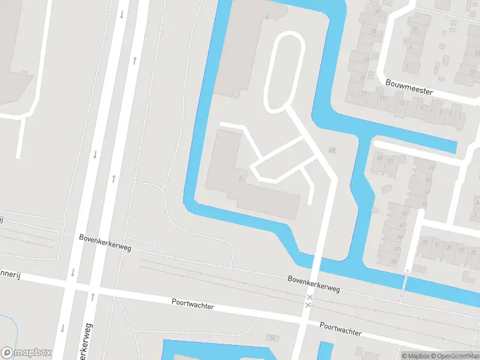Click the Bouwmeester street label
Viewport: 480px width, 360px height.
(x=409, y=87)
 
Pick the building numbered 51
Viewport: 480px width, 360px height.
(x=431, y=166)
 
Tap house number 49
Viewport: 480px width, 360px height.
(x=428, y=179)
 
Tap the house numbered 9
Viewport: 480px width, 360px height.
(x=424, y=109)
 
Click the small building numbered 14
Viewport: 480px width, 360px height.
(x=271, y=337)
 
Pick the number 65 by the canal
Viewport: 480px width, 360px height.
(x=331, y=149)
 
